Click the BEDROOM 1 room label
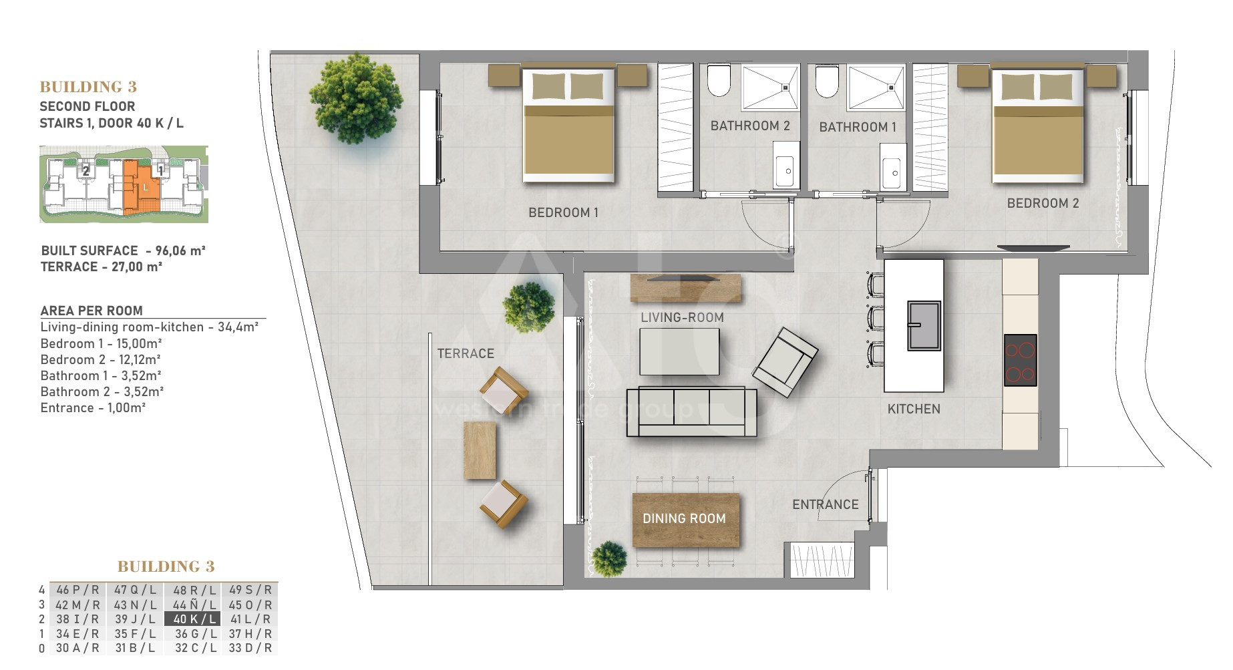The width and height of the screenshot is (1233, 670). point(563,212)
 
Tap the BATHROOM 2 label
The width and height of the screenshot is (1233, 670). point(750,126)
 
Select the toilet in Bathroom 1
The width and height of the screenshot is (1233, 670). point(827,80)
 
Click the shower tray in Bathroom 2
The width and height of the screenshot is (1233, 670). point(770,87)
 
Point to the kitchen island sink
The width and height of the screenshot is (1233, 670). point(924,325)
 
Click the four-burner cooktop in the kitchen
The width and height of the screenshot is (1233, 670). point(1020,360)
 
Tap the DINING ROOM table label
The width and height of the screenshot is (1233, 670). point(684,518)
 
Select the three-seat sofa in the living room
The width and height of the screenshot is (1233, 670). point(691,411)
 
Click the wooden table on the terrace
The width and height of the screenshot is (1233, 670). point(480,450)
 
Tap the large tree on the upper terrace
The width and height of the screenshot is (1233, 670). point(356,98)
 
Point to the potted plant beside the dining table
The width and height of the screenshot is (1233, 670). point(609,558)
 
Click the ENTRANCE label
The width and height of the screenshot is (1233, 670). point(826,504)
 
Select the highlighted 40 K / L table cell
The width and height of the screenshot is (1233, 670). point(192,619)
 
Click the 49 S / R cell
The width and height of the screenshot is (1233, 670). point(250,590)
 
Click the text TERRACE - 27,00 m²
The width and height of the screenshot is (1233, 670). point(102,267)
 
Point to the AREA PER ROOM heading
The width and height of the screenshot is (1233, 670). point(92,311)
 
